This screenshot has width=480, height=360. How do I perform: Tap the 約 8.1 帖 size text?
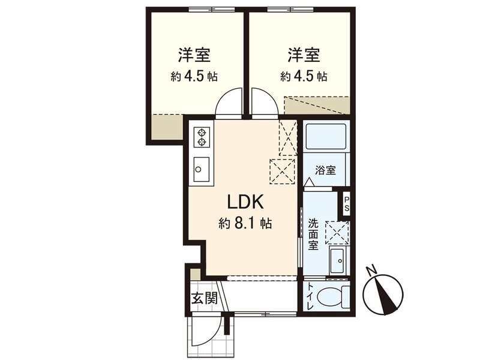(x=245, y=224)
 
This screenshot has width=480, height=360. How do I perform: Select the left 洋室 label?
(x=193, y=56)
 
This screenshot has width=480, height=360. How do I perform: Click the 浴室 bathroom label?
(x=325, y=170)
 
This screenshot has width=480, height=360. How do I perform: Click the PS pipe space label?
(x=347, y=204)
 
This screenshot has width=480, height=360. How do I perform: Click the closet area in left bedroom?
(x=166, y=127)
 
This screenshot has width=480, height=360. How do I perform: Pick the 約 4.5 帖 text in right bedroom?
(x=304, y=77)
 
